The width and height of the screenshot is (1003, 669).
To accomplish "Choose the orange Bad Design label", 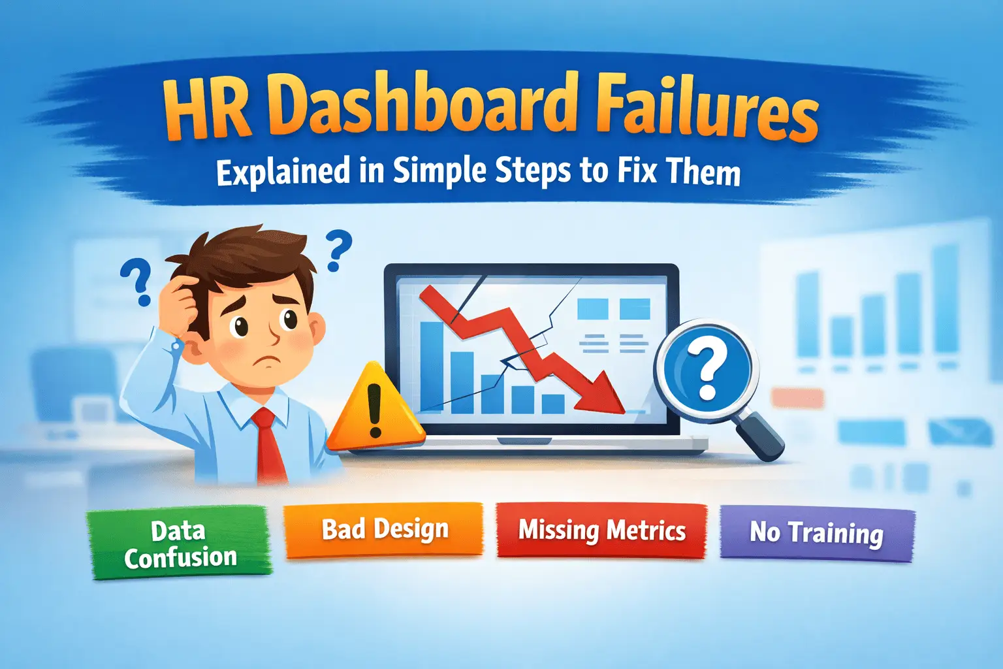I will [x=384, y=529].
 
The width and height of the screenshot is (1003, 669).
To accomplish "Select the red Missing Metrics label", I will [x=601, y=530].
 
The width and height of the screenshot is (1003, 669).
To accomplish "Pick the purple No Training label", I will [x=816, y=534].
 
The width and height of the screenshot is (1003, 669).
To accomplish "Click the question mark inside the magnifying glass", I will [x=708, y=370].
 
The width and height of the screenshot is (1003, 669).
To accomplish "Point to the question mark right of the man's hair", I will [x=337, y=250].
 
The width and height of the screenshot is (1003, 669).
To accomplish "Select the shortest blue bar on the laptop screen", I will [x=552, y=404].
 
